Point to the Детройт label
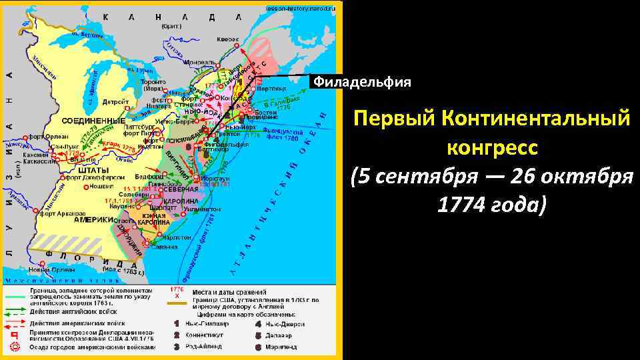[115, 103]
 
